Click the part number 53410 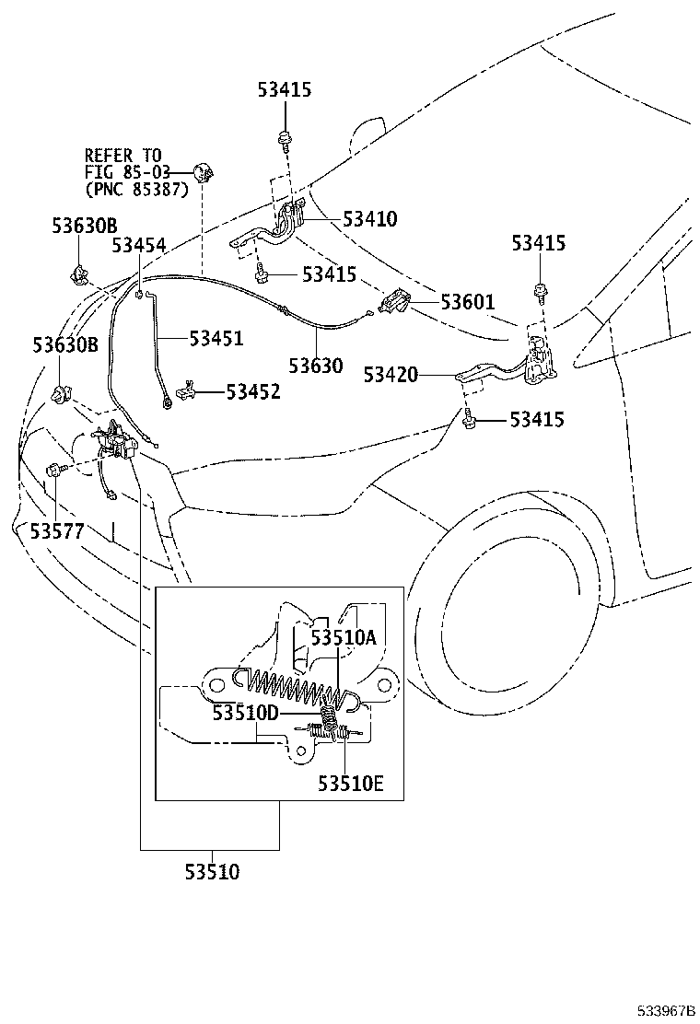[x=369, y=219]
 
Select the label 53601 [x=467, y=301]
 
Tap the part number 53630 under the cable [x=315, y=366]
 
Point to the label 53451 [x=216, y=338]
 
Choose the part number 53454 [x=139, y=245]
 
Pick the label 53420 [x=391, y=375]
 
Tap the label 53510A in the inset [x=343, y=637]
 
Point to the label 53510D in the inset [x=245, y=713]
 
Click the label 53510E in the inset [x=350, y=784]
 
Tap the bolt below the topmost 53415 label [x=285, y=141]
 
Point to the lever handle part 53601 [x=397, y=301]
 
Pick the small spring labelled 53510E [x=343, y=733]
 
